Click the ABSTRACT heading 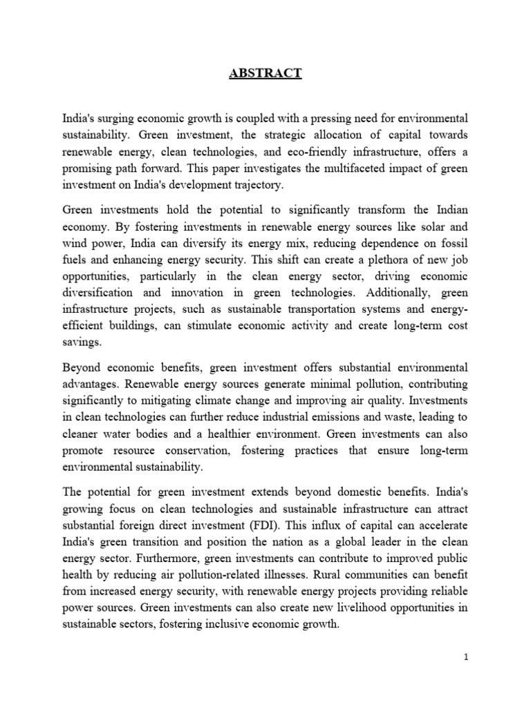(x=265, y=75)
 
